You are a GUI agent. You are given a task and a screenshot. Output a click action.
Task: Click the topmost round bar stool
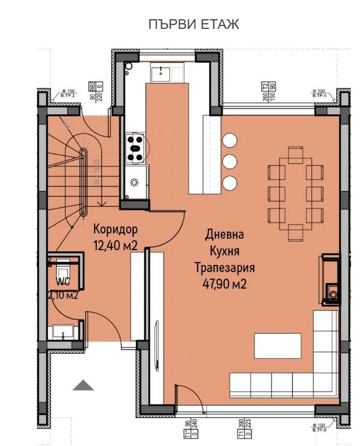pyautogui.click(x=230, y=140)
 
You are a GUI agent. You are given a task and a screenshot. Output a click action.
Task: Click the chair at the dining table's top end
pyautogui.click(x=295, y=155)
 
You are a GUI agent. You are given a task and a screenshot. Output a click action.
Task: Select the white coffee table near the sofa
pyautogui.click(x=277, y=345)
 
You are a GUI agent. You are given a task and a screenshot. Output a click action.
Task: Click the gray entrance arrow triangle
pyautogui.click(x=83, y=385)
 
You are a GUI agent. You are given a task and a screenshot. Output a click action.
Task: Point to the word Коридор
pyautogui.click(x=115, y=230)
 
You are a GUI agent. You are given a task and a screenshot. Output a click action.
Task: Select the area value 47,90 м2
pyautogui.click(x=225, y=284)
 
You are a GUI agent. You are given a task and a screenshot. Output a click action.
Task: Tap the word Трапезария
pyautogui.click(x=225, y=268)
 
